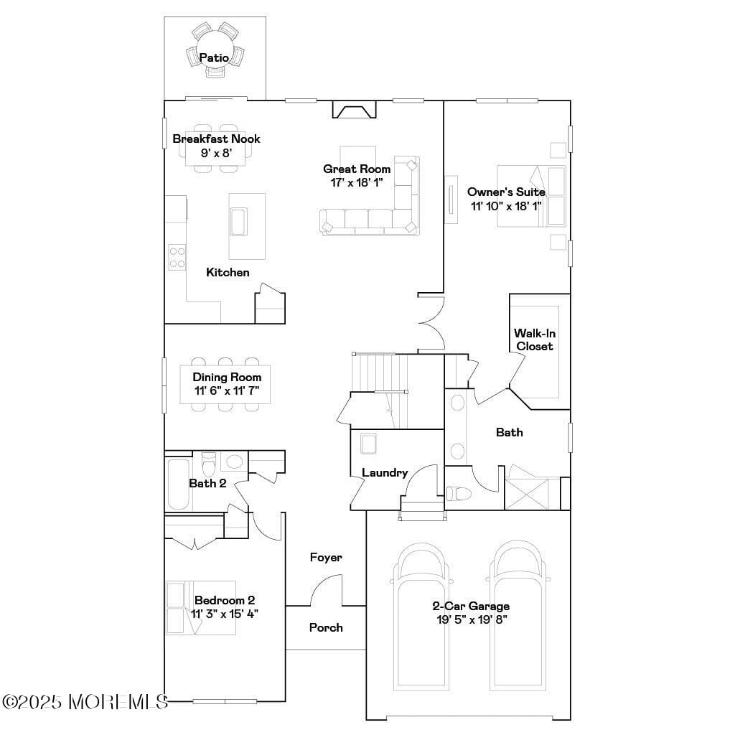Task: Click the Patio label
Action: click(214, 57)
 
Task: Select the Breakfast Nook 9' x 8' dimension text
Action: click(215, 152)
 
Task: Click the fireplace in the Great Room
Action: click(354, 111)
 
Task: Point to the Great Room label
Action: click(357, 169)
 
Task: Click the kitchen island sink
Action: click(237, 221)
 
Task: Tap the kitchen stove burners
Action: click(177, 257)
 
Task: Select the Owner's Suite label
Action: click(506, 192)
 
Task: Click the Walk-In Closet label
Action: click(535, 340)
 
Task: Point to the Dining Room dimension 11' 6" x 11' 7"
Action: click(226, 391)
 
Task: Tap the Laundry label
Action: click(385, 472)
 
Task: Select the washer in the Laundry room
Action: click(370, 443)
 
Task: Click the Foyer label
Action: click(326, 557)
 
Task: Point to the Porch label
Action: click(326, 627)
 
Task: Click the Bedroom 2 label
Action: click(225, 600)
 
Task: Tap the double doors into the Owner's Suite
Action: click(432, 322)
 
